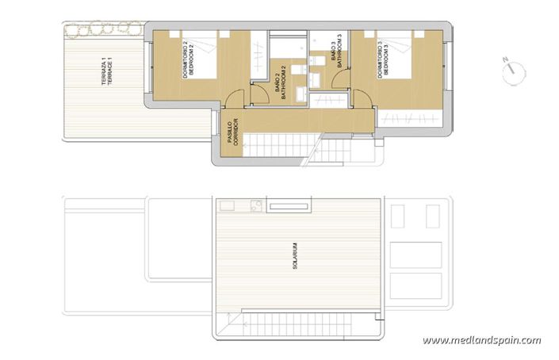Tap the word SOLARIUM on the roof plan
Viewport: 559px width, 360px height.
294,256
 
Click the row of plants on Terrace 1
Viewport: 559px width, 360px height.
103,31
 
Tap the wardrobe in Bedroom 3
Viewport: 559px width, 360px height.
411,117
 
